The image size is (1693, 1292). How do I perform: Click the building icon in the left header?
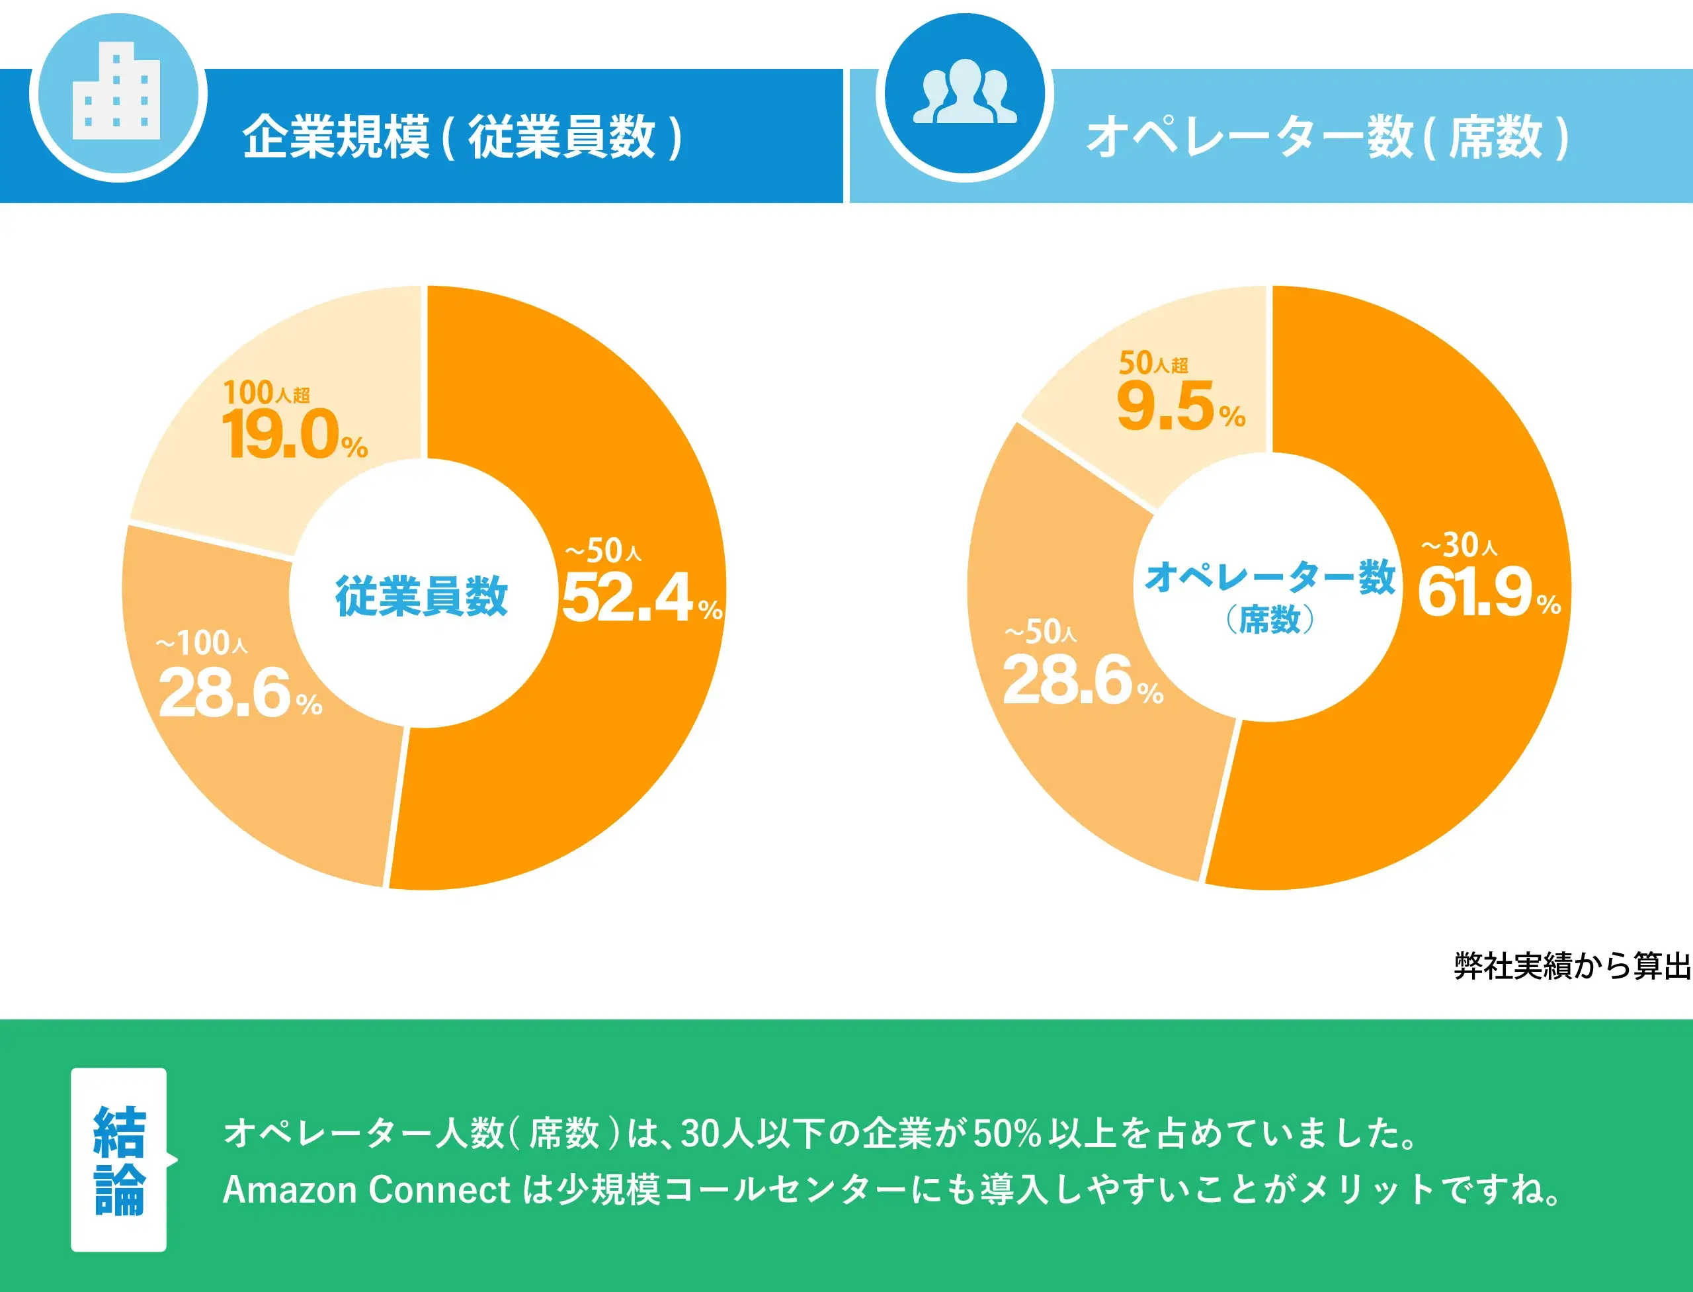[x=117, y=95]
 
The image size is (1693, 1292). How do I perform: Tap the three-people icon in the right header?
[x=965, y=93]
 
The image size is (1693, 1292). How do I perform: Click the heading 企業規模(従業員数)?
[x=462, y=137]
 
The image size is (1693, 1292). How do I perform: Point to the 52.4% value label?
[x=640, y=598]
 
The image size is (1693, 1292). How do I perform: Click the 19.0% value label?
[x=292, y=436]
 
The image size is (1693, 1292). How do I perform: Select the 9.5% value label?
[x=1178, y=408]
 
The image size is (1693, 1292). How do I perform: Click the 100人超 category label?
[x=266, y=394]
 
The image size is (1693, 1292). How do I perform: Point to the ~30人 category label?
[x=1458, y=545]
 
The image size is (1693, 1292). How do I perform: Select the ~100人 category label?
[x=202, y=643]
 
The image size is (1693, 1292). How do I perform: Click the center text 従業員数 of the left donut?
[x=421, y=596]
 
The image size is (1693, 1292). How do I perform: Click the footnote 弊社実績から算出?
[x=1571, y=966]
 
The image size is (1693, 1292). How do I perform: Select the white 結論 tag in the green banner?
[x=118, y=1160]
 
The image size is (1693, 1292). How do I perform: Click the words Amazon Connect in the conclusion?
[x=366, y=1189]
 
